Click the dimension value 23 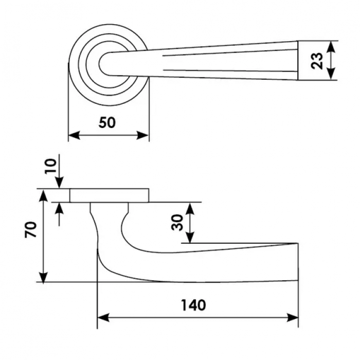pyautogui.click(x=318, y=60)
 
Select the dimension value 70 pyautogui.click(x=31, y=229)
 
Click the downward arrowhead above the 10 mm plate pyautogui.click(x=60, y=184)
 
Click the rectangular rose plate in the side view pyautogui.click(x=110, y=195)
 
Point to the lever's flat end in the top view pyautogui.click(x=298, y=60)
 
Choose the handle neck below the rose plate pyautogui.click(x=109, y=216)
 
